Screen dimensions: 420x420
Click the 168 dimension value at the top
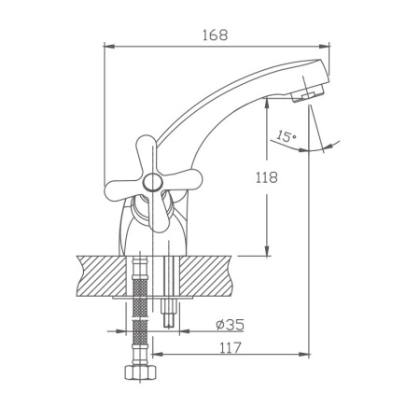(x=215, y=34)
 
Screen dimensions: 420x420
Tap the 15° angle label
(x=286, y=137)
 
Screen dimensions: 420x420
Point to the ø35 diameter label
(x=230, y=325)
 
